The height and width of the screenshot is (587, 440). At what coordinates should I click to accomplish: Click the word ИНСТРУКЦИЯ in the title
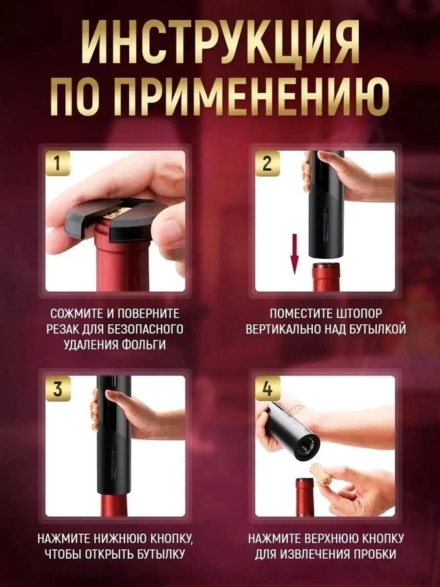tap(220, 43)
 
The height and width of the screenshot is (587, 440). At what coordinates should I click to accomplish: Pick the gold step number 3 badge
tap(60, 389)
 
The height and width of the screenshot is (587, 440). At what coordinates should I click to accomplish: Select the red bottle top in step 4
tap(305, 497)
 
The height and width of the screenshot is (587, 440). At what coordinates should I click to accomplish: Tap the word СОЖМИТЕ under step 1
tap(71, 311)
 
